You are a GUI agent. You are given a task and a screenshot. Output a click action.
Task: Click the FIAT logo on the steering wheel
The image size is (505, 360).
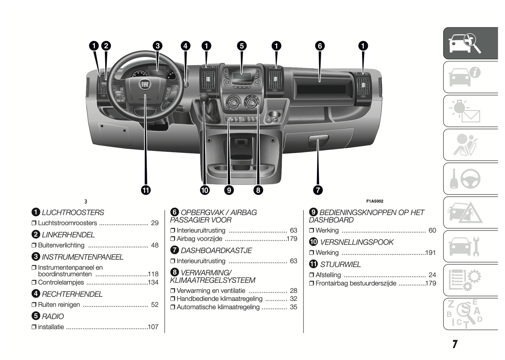pos(145,85)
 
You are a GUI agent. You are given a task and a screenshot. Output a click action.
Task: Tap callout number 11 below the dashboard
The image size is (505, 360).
pos(146,190)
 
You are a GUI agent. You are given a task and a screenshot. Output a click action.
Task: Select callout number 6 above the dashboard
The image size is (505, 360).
pos(319,46)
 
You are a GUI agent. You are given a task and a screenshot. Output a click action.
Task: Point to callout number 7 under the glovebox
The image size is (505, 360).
pos(318,190)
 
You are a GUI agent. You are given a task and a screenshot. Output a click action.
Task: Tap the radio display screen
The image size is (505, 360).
pos(241,76)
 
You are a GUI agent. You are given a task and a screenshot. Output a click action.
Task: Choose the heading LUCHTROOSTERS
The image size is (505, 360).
pos(73,213)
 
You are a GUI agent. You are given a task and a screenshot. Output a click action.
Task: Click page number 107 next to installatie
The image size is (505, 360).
pos(153,327)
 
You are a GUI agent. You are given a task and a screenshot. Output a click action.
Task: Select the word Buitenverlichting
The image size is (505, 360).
pos(61,245)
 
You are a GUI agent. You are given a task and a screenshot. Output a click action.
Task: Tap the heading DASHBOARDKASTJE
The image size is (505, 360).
pos(216,251)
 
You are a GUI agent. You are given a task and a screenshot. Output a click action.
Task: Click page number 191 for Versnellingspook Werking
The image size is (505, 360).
pos(431,253)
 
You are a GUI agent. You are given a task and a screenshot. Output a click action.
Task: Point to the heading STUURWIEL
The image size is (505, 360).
pos(340,265)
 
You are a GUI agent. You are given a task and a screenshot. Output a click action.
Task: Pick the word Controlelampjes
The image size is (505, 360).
pos(61,282)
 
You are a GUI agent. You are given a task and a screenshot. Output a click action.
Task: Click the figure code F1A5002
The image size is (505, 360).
pos(375,201)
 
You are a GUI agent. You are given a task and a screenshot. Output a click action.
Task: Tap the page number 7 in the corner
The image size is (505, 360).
pos(455,344)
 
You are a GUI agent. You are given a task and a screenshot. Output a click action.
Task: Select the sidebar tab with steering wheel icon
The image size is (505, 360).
pos(470,179)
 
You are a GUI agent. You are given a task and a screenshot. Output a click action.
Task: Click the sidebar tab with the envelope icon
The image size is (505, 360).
pos(470,111)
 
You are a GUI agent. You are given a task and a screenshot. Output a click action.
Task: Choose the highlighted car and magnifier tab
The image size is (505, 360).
pos(470,43)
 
